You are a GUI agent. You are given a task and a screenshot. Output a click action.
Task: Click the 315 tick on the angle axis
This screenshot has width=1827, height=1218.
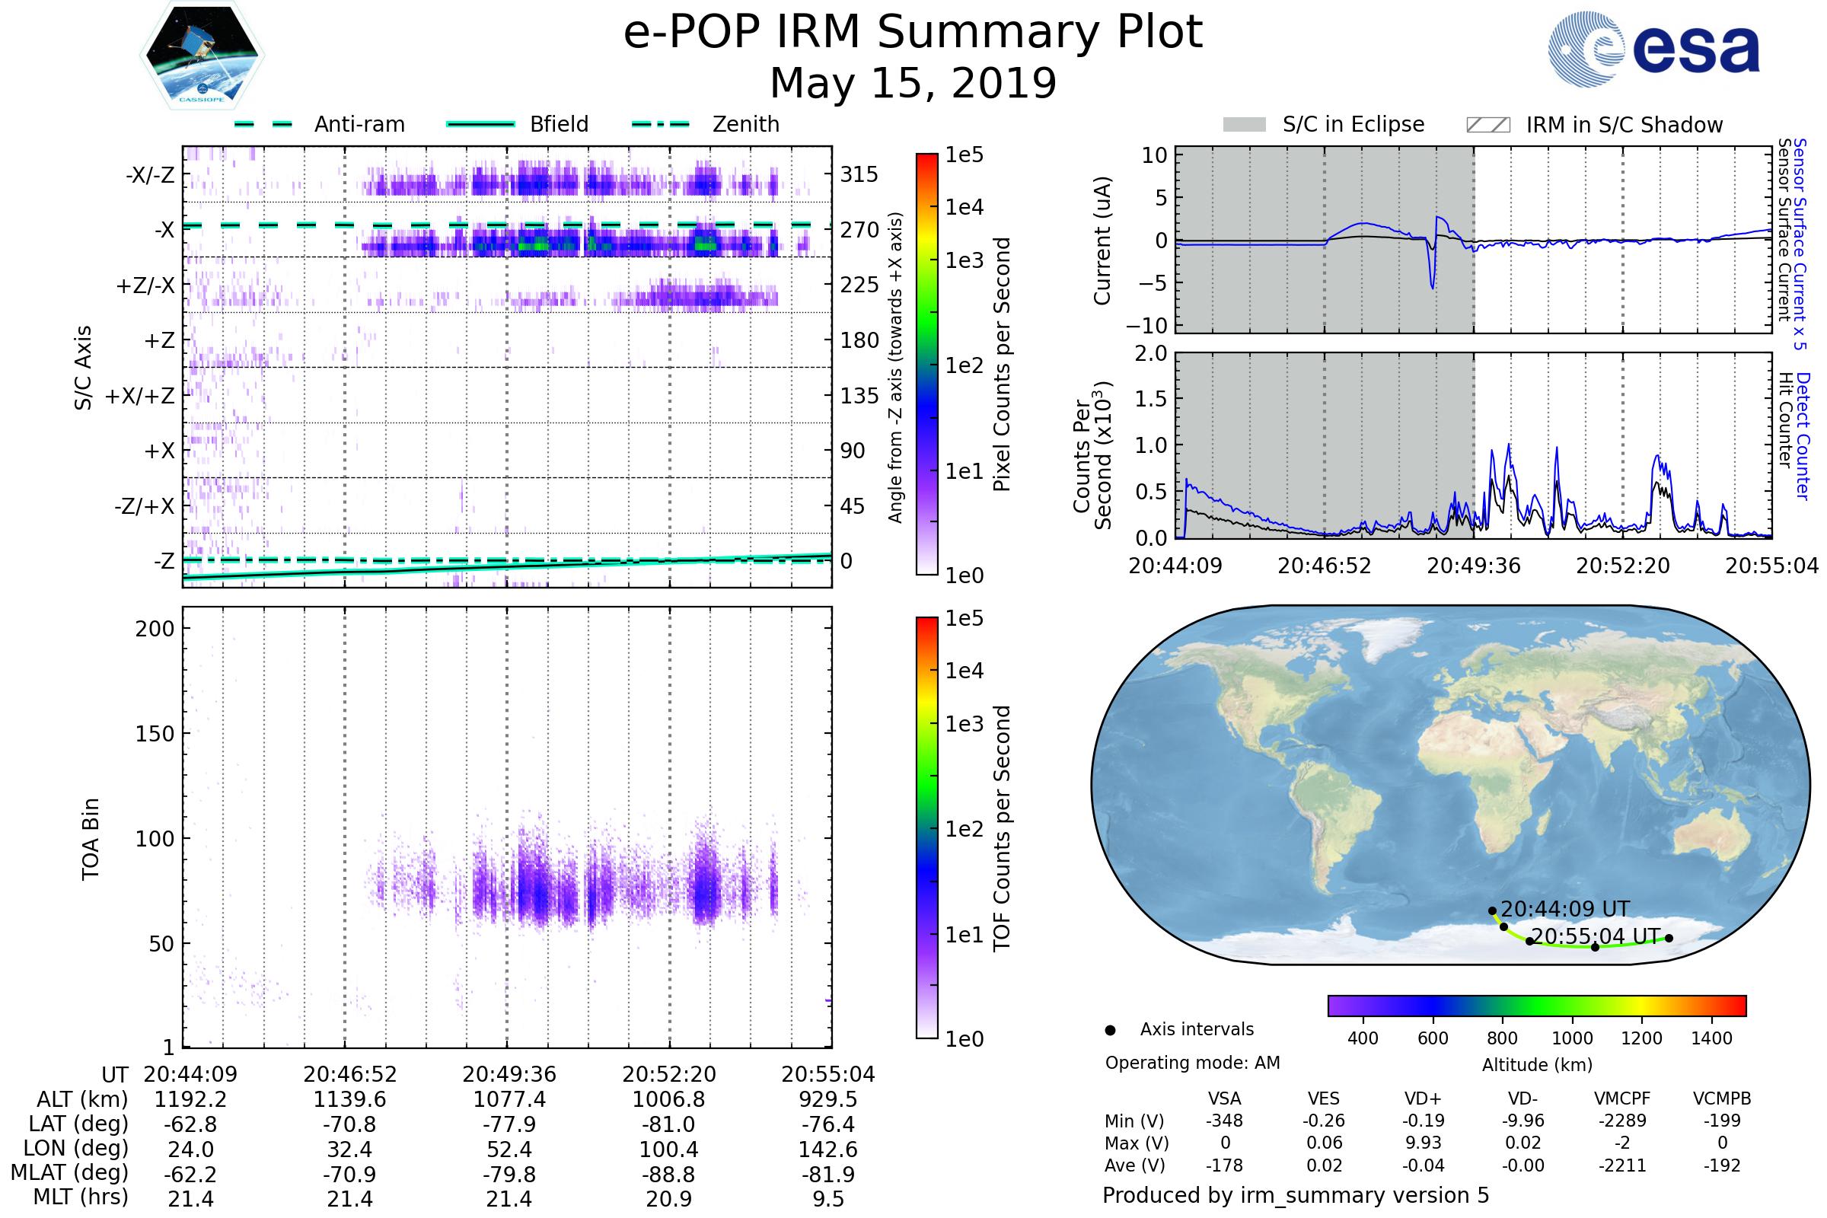pos(859,174)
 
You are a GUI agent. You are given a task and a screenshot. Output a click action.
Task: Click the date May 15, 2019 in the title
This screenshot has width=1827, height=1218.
pos(913,83)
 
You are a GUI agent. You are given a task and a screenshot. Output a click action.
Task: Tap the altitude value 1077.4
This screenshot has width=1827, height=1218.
pos(509,1100)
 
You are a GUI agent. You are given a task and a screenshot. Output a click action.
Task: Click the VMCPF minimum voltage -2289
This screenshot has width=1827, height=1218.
pos(1622,1121)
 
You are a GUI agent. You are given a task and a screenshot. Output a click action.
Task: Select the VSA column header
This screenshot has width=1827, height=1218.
pos(1224,1099)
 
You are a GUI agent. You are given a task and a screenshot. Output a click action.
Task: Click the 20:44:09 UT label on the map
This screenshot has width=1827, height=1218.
pos(1564,909)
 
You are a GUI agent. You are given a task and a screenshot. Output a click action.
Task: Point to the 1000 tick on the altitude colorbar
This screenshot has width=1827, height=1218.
pos(1571,1038)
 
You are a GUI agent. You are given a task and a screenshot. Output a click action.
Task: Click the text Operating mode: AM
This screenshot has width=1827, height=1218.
pos(1192,1063)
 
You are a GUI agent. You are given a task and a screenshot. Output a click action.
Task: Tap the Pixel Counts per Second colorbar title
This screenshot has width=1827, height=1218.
pos(1002,364)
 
